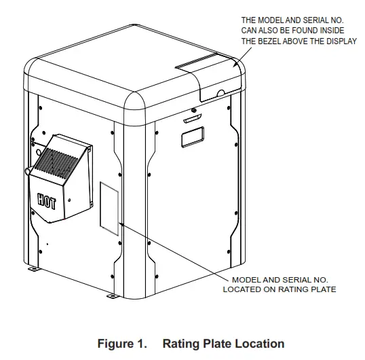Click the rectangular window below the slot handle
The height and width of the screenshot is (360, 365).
[191, 138]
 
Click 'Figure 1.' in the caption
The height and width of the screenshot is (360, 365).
[121, 344]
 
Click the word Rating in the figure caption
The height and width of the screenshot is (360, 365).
[178, 344]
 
